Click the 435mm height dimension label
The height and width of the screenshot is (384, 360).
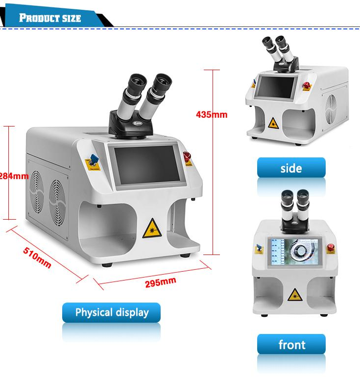(x=212, y=115)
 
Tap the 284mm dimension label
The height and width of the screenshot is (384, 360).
(x=14, y=176)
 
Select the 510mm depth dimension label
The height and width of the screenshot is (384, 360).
(x=37, y=257)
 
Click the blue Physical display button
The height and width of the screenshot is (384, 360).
(x=111, y=313)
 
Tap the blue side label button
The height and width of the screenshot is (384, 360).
(x=291, y=168)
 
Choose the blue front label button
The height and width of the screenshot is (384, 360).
(x=291, y=345)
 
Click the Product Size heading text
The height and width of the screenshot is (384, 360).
(x=50, y=19)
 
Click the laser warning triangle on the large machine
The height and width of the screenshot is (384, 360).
(x=152, y=228)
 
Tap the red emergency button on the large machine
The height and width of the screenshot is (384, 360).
(x=187, y=156)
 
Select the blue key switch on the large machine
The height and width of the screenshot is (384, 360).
(x=94, y=160)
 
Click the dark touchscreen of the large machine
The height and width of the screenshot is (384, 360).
(x=145, y=165)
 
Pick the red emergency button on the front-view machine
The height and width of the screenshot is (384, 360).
(x=330, y=248)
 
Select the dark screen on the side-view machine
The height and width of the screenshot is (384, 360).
(x=278, y=88)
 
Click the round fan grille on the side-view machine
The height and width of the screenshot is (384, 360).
(x=333, y=109)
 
